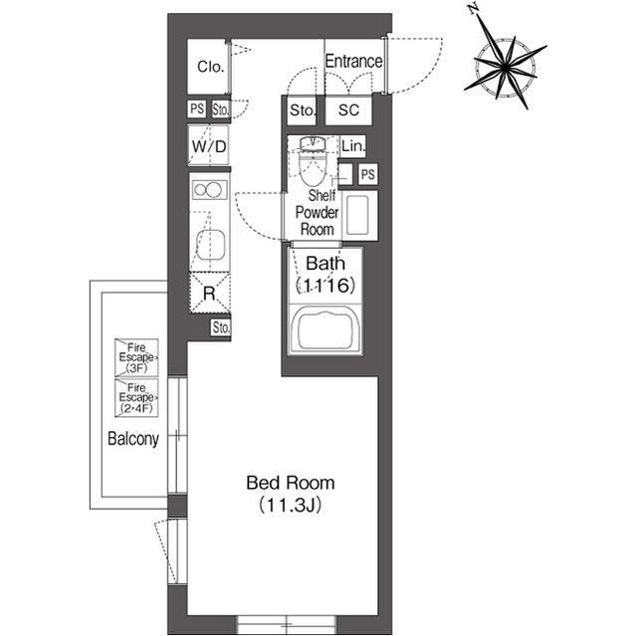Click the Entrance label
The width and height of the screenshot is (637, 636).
click(353, 62)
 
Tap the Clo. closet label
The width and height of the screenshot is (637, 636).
click(210, 67)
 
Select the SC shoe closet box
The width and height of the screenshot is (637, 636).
click(348, 109)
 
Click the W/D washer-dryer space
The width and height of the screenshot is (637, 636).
click(209, 145)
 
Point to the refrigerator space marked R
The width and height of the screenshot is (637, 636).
click(210, 293)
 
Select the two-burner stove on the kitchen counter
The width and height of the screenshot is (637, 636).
click(210, 190)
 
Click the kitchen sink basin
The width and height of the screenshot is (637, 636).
click(210, 245)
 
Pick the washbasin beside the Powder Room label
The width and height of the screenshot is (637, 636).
click(358, 216)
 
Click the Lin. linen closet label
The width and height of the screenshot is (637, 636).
click(353, 145)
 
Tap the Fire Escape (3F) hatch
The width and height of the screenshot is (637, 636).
click(136, 357)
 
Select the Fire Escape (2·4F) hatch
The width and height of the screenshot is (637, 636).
click(136, 397)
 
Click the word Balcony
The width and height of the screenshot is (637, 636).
click(133, 439)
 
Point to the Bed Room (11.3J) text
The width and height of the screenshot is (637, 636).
click(291, 494)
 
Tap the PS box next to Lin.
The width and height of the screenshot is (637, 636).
click(367, 174)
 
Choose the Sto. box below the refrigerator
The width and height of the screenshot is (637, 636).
click(221, 327)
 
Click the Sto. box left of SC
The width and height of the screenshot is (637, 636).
click(302, 109)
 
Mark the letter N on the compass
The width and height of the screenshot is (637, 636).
click(473, 9)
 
